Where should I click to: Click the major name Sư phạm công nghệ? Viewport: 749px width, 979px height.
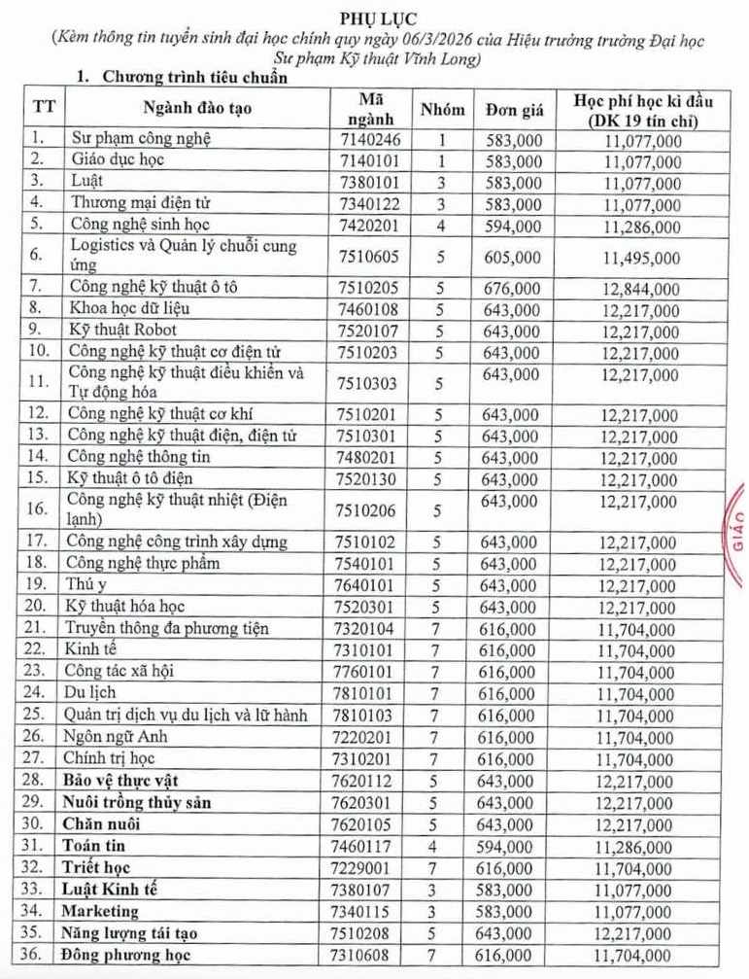pyautogui.click(x=140, y=139)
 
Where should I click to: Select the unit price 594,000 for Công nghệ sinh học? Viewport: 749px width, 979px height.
pyautogui.click(x=512, y=225)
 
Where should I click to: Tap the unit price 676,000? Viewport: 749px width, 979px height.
pyautogui.click(x=512, y=289)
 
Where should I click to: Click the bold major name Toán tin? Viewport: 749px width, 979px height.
pyautogui.click(x=98, y=847)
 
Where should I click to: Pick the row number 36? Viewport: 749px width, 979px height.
pyautogui.click(x=35, y=955)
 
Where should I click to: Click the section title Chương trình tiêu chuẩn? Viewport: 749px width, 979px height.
pyautogui.click(x=190, y=78)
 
